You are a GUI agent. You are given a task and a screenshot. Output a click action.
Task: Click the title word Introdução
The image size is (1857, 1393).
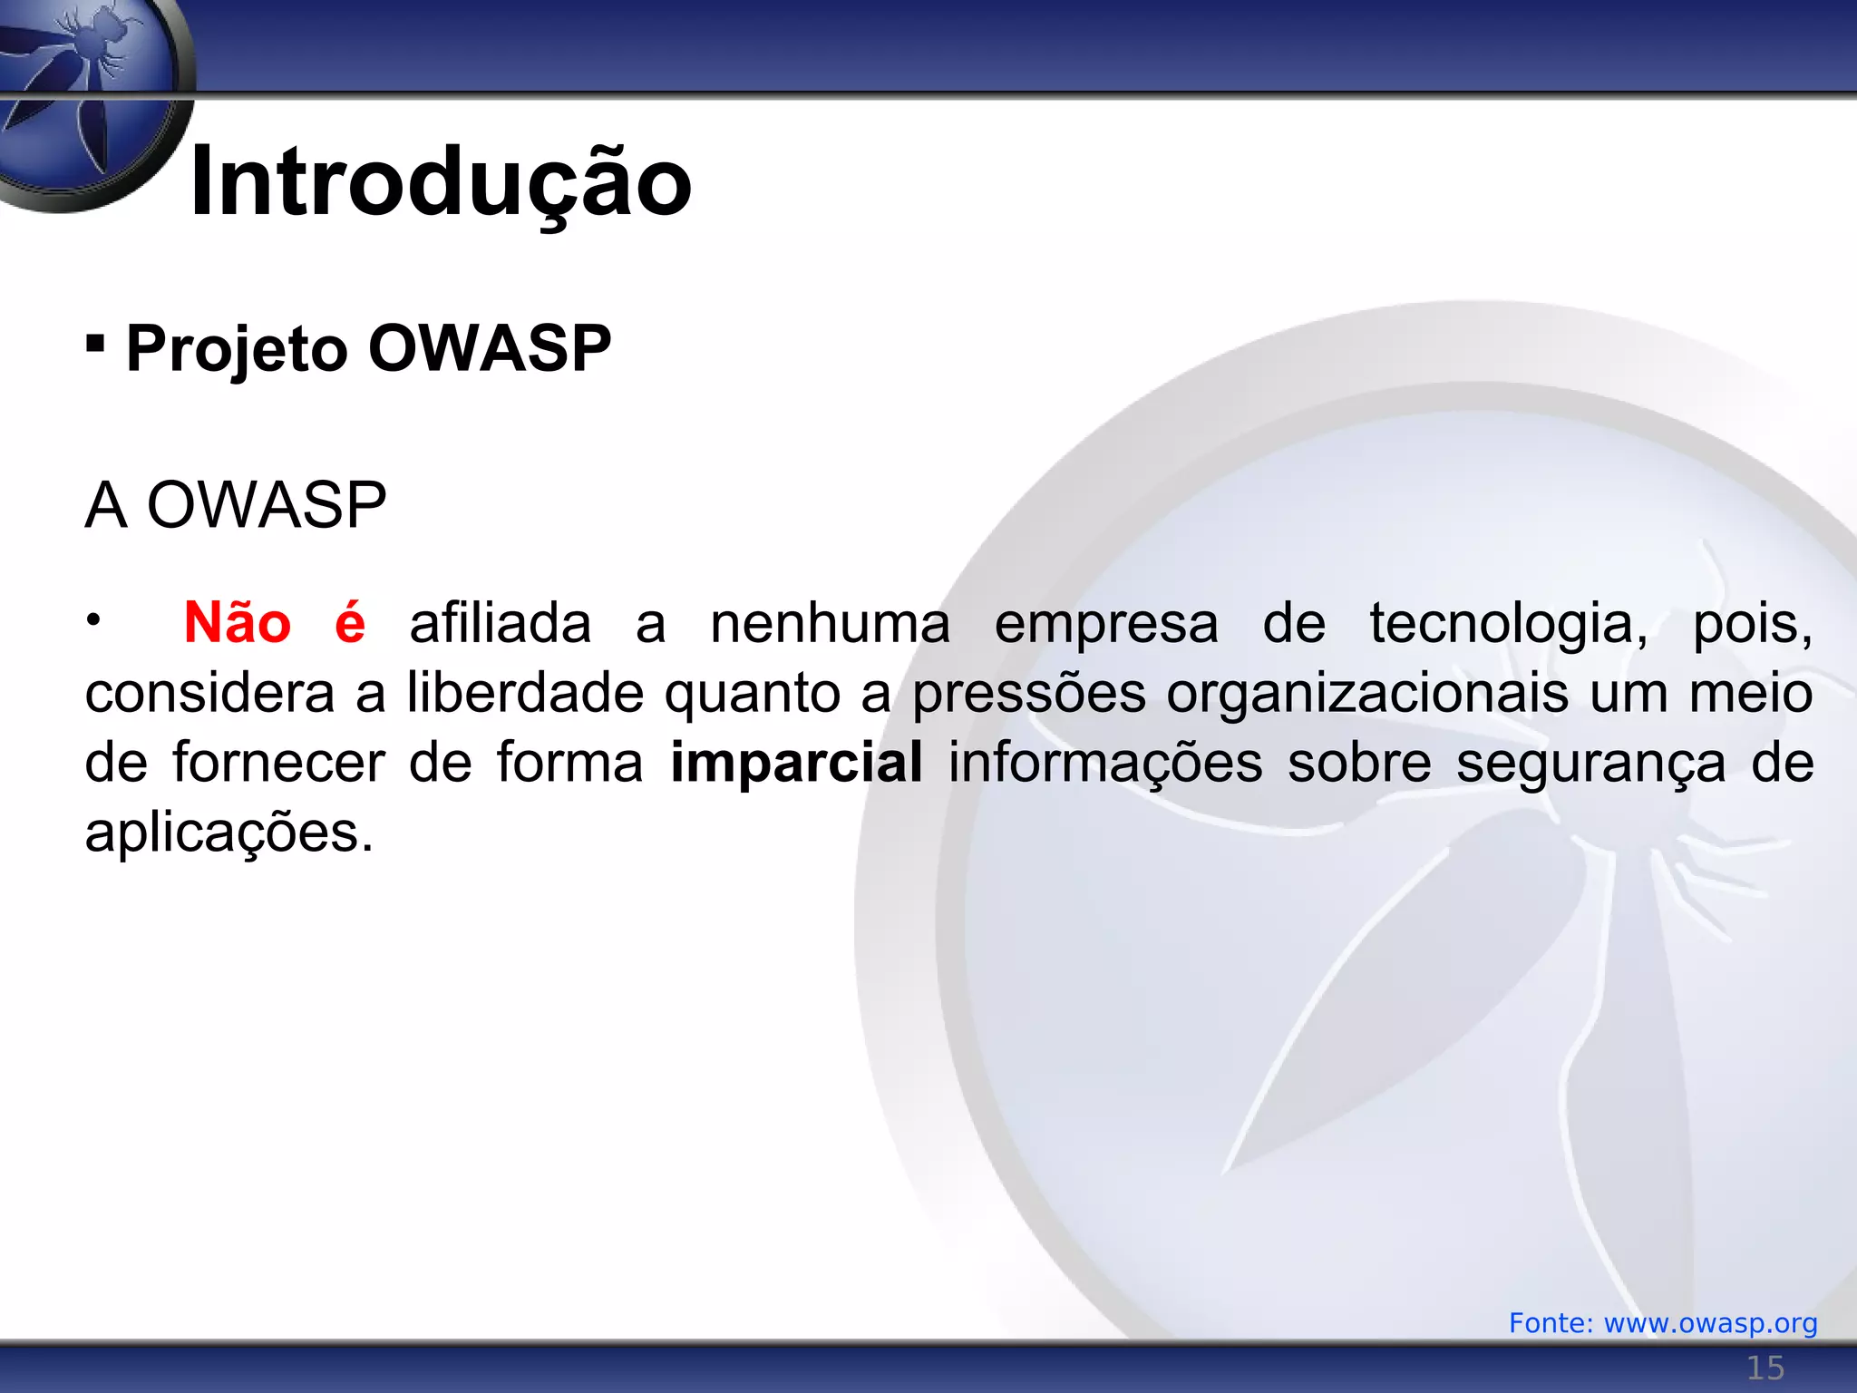point(441,183)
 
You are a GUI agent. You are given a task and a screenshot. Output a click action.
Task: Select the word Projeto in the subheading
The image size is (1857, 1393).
point(237,349)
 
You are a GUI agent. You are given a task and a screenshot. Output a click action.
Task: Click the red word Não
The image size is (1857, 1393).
point(238,624)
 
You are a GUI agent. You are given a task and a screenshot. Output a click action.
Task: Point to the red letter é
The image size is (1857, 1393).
point(350,624)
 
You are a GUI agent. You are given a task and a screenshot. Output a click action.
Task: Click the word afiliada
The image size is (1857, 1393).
point(501,624)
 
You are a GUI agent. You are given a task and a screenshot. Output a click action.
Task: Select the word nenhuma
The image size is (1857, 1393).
point(830,624)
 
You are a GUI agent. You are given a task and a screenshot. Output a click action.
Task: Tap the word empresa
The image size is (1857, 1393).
point(1106,624)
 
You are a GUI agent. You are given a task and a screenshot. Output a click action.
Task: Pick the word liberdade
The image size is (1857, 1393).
point(526,694)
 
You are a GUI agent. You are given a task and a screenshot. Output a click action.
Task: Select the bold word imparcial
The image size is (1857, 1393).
point(796,764)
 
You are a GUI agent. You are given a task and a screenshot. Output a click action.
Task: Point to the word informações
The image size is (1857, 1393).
point(1105,764)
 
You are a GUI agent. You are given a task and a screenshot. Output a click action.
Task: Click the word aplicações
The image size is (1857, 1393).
point(228,833)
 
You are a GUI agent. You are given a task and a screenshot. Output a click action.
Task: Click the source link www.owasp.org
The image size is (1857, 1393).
point(1710,1323)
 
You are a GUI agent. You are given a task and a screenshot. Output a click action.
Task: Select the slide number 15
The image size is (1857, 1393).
point(1765,1368)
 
